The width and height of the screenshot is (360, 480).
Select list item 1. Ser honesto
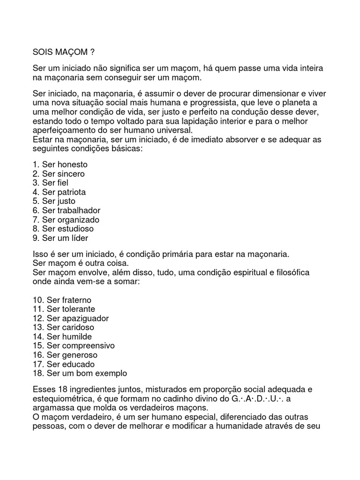(x=60, y=165)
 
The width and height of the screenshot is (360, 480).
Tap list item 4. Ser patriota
(x=59, y=192)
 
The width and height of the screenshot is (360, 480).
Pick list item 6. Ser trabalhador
(x=67, y=210)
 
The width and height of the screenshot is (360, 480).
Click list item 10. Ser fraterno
(x=62, y=300)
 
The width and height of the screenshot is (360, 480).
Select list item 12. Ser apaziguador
(x=71, y=318)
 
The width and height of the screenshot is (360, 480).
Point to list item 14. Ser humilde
(x=62, y=337)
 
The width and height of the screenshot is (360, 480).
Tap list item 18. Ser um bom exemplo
(x=80, y=374)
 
